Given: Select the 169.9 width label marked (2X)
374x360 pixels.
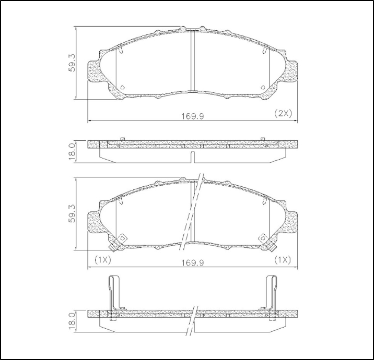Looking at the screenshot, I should [192, 115].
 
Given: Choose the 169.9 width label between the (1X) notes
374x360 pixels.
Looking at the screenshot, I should [192, 263].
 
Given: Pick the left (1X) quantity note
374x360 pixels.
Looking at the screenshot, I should [102, 259].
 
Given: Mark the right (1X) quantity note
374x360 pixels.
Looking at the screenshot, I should [283, 259].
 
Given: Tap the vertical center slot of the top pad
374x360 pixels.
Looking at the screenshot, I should [192, 61].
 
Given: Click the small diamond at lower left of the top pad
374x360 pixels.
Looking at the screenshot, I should [122, 88].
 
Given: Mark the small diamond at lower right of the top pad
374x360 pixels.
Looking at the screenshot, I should [262, 88].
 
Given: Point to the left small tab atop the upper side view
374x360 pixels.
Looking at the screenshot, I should [122, 139].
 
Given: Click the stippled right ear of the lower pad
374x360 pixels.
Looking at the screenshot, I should [290, 222].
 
